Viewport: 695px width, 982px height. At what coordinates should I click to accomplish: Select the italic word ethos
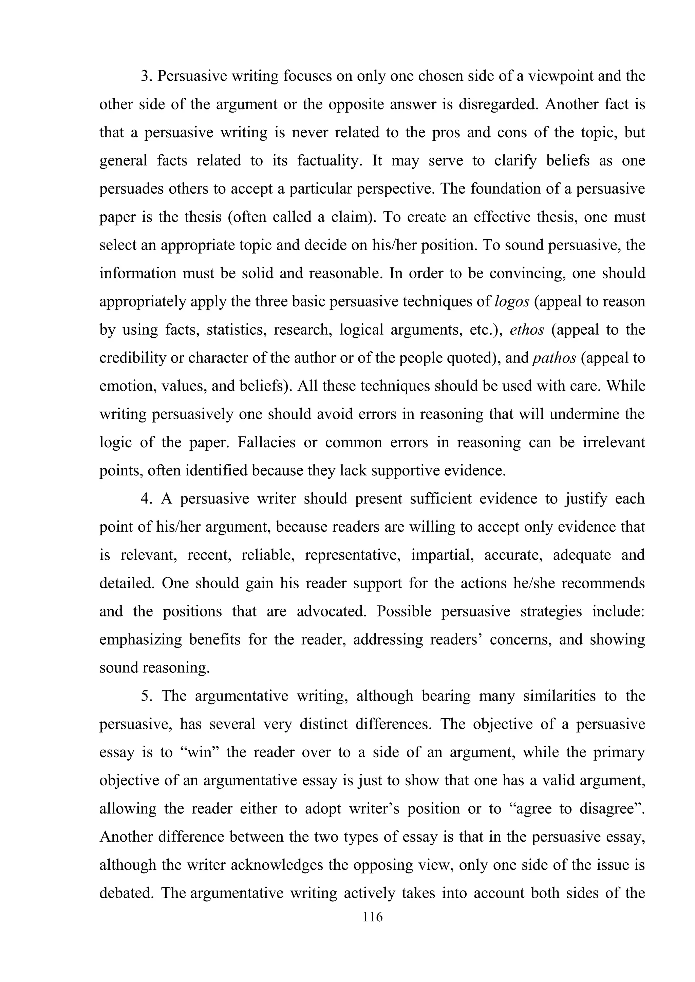tap(527, 330)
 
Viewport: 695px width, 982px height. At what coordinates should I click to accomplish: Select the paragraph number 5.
tap(146, 696)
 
